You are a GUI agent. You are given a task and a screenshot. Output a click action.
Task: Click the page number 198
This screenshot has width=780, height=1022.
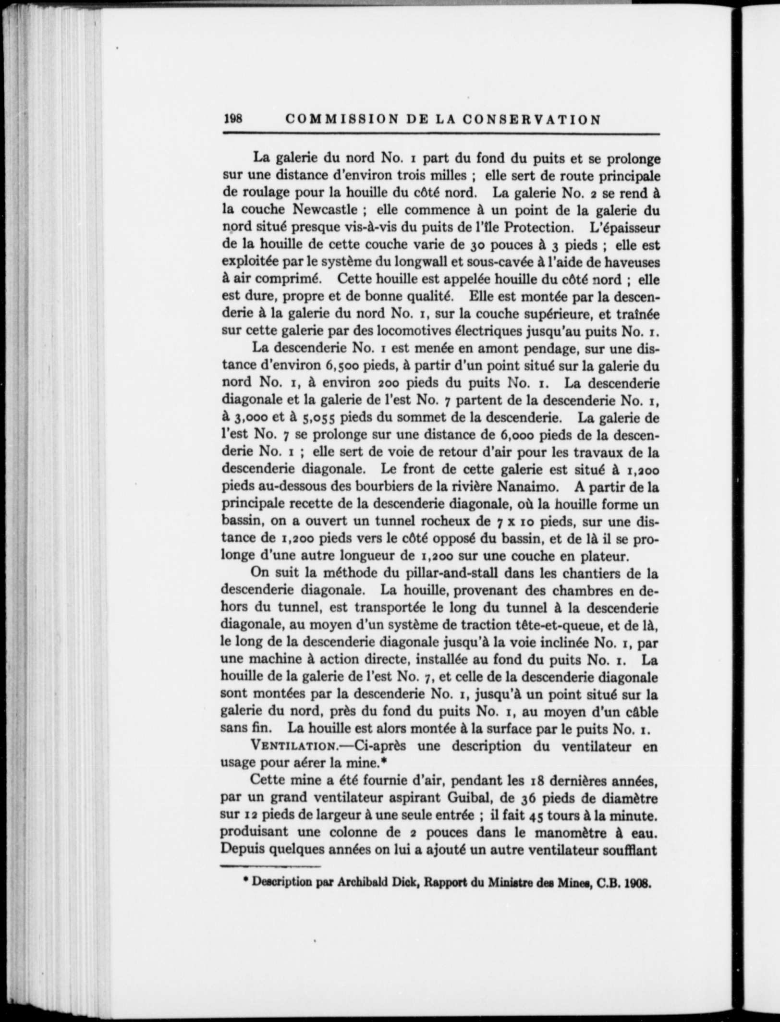(233, 119)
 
